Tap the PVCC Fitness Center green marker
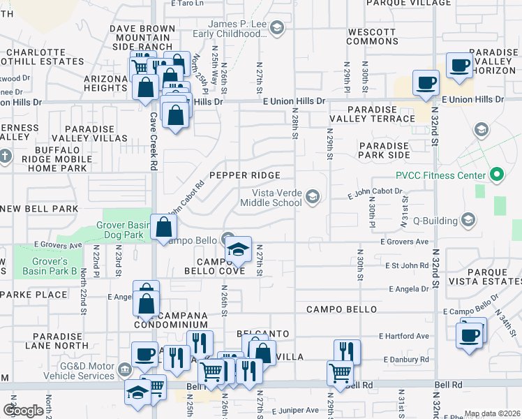point(497,174)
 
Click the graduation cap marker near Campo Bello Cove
point(238,251)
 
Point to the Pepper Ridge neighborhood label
point(244,175)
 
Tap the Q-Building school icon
point(468,221)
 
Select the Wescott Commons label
point(372,37)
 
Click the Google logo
point(23,411)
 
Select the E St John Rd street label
point(405,265)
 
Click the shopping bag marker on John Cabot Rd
point(163,228)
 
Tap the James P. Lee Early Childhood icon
point(277,28)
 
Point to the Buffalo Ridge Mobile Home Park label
point(53,159)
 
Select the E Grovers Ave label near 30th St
point(404,242)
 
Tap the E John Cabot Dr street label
point(375,191)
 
